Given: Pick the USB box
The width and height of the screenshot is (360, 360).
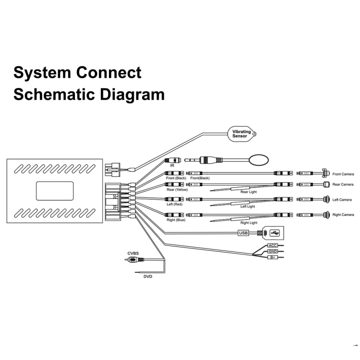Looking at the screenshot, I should tap(243, 233).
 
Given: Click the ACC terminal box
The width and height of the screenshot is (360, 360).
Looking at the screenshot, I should tap(273, 246).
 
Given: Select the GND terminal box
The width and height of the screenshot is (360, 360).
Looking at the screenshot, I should tap(273, 252).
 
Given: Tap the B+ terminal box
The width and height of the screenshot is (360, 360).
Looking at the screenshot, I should tap(273, 258).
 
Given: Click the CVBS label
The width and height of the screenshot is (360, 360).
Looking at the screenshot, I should tap(133, 253).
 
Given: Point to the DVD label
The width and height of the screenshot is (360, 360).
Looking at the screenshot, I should tap(147, 276).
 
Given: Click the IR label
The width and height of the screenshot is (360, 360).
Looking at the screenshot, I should tap(172, 165).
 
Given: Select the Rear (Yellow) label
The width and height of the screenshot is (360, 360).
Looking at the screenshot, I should tap(177, 190).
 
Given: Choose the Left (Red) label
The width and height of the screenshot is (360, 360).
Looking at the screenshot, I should tap(175, 204).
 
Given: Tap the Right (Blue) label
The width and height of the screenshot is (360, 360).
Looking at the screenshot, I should tap(176, 220).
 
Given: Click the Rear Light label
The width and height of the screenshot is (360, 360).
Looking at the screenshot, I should tap(249, 192).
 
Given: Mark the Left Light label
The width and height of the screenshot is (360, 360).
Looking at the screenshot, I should tap(248, 207).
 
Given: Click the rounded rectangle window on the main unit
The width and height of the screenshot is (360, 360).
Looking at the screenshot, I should tap(55, 191).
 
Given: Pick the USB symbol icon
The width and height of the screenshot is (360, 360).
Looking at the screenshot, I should tap(274, 233).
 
